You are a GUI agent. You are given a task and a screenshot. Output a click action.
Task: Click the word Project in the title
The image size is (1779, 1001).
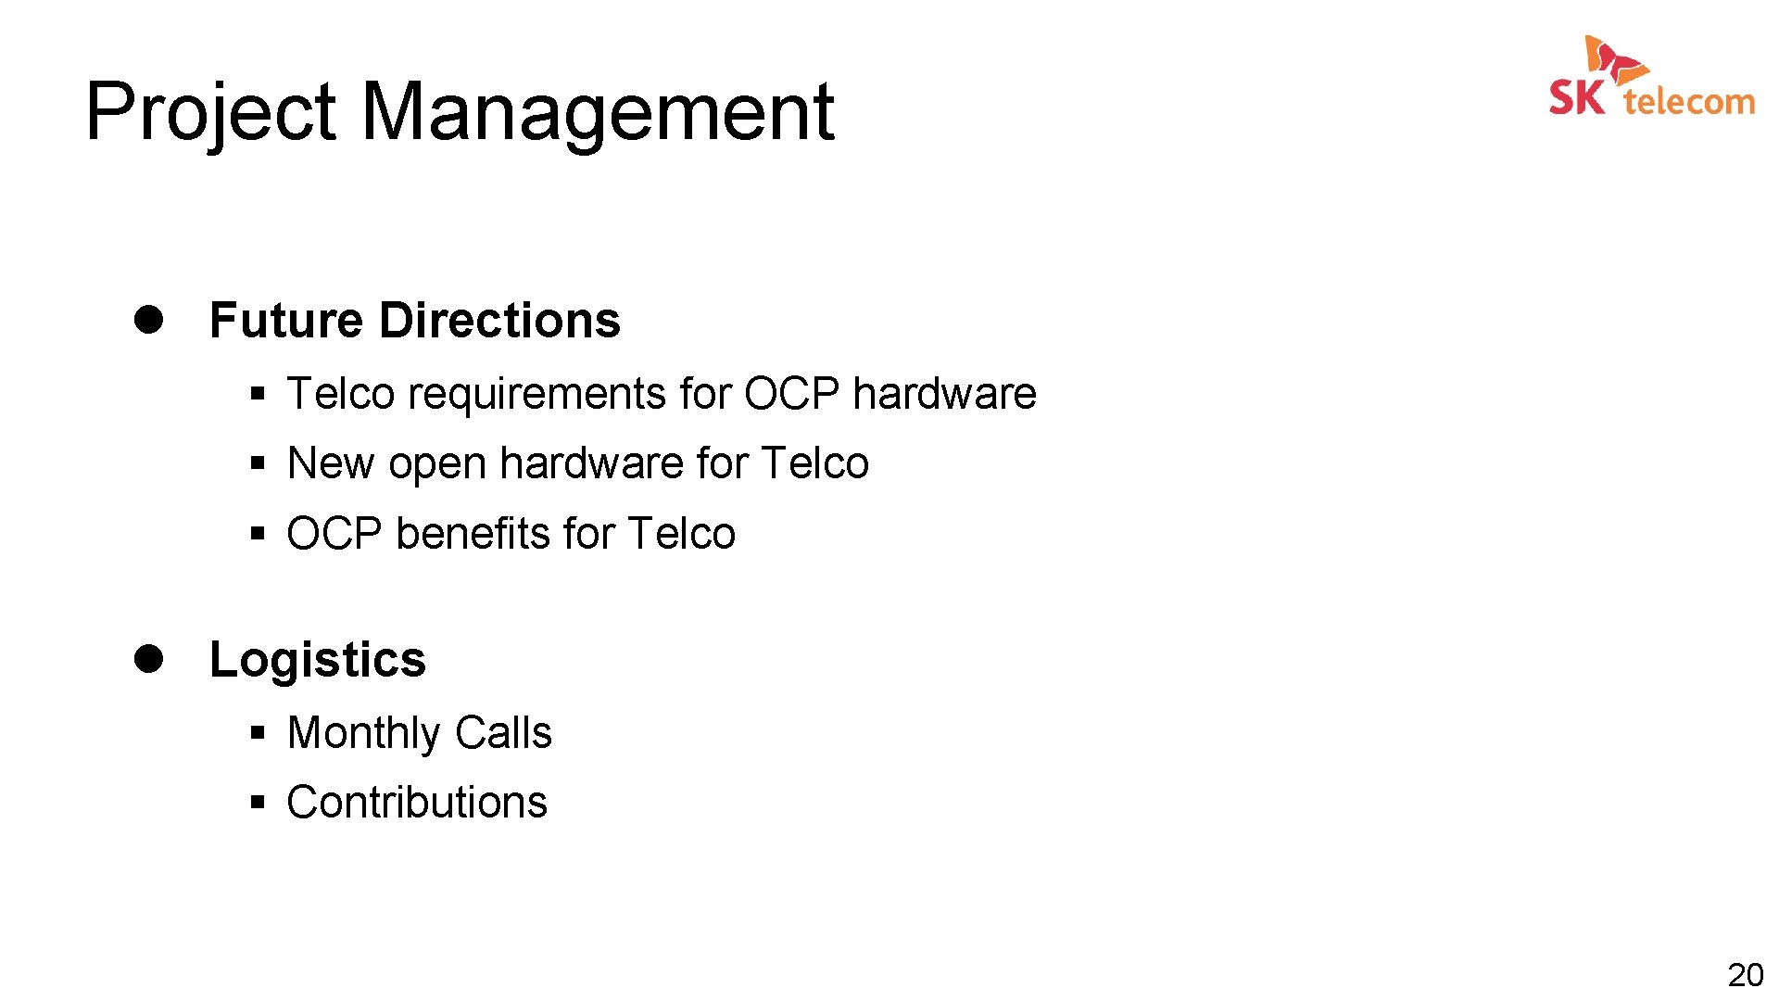(x=209, y=113)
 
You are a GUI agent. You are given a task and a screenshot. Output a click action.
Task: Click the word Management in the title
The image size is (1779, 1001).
(x=597, y=113)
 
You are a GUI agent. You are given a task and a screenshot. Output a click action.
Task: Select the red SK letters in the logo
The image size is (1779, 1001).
(x=1576, y=97)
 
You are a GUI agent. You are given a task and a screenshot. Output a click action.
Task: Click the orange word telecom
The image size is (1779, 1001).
(x=1689, y=101)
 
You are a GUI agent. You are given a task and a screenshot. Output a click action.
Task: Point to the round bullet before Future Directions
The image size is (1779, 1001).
(x=148, y=320)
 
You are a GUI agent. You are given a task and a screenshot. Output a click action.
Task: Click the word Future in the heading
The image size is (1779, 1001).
(x=286, y=321)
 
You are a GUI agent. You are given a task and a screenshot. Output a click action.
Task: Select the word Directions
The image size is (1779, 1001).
(x=500, y=321)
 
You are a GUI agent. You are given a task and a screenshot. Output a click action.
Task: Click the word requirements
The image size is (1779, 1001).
(x=537, y=394)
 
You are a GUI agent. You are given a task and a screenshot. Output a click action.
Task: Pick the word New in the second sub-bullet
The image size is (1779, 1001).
(x=331, y=463)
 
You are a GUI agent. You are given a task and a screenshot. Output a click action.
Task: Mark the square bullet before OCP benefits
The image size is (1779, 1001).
(x=258, y=534)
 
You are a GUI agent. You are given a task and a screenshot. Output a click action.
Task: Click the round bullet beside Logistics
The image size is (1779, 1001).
(x=148, y=659)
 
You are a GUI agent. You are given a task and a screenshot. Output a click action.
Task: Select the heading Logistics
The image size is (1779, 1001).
(x=318, y=661)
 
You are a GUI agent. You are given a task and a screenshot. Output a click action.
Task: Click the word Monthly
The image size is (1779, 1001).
(x=363, y=733)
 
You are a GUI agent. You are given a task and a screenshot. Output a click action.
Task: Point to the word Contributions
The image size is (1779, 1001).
(x=417, y=803)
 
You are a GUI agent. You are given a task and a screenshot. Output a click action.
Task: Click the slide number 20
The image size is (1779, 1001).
(x=1745, y=975)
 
